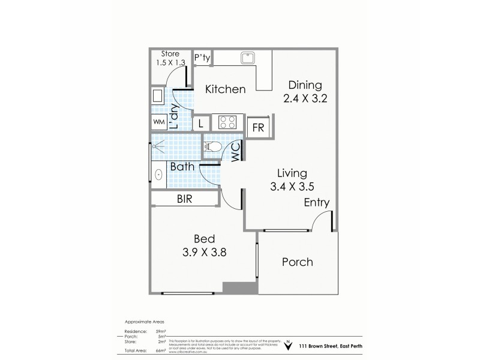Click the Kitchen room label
[x=226, y=89]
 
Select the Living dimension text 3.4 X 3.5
[x=292, y=186]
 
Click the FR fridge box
[x=259, y=127]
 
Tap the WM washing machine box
[x=158, y=122]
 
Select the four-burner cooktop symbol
[x=227, y=122]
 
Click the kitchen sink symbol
[x=247, y=58]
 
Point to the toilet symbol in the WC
[x=214, y=146]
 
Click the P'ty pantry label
[x=202, y=58]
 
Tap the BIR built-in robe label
[x=184, y=199]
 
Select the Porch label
[x=297, y=262]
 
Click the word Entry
[x=316, y=203]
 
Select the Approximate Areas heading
[x=144, y=321]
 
